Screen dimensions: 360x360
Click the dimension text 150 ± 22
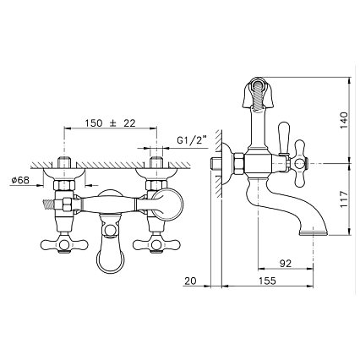click(111, 123)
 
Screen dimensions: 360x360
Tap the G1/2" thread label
click(192, 140)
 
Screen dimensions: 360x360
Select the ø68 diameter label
click(20, 180)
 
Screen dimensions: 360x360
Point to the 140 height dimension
click(344, 121)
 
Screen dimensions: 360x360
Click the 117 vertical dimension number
click(344, 199)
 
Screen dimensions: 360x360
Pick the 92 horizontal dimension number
click(286, 264)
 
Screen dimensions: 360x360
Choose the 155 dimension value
click(267, 281)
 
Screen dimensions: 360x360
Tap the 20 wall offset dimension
click(190, 281)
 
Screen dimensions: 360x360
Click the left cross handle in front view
click(64, 244)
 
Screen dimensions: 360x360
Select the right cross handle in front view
click(156, 244)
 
